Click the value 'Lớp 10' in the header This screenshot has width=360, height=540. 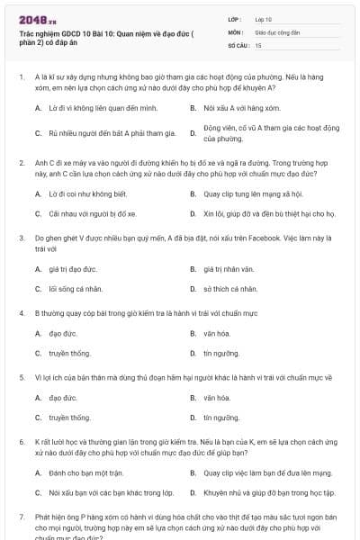[263, 18]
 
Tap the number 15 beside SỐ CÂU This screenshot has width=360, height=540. [258, 44]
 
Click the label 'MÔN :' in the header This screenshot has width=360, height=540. [236, 31]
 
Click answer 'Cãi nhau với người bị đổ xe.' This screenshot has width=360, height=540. [94, 214]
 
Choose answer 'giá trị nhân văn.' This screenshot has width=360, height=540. [231, 268]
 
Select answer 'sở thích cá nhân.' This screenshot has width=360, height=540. [230, 289]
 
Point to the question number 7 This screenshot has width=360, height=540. [22, 517]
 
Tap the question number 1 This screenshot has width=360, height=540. [22, 78]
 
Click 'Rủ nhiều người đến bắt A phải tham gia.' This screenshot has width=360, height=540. [112, 133]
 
